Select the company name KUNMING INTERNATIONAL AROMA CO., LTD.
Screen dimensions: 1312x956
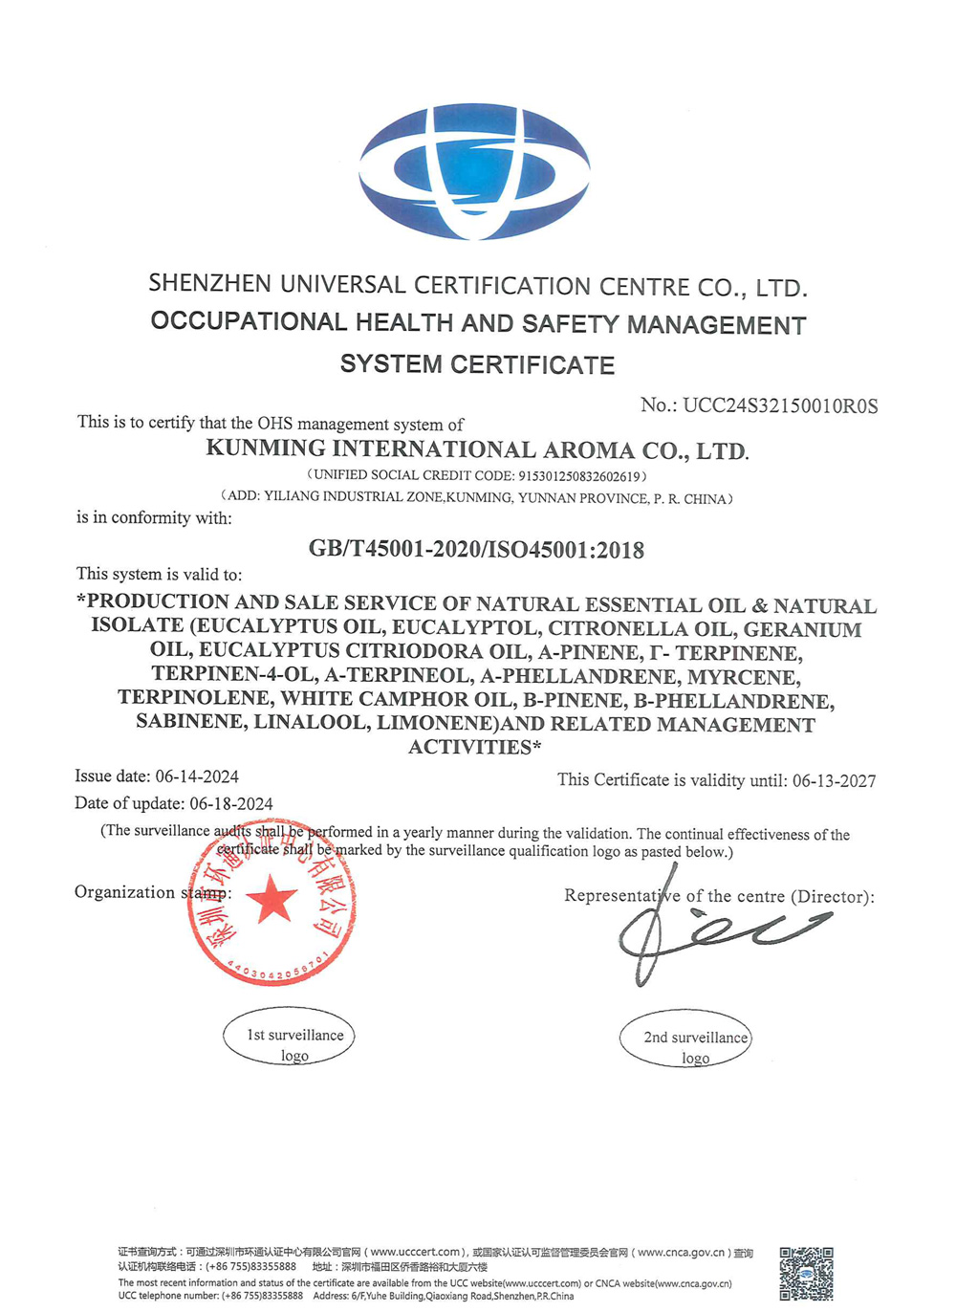(477, 450)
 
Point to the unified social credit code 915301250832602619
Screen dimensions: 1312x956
(578, 476)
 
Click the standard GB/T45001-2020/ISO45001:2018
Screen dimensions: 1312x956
(476, 550)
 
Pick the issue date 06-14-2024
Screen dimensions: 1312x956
(197, 776)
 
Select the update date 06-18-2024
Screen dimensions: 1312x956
(231, 804)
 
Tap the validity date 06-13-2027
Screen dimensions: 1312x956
(834, 781)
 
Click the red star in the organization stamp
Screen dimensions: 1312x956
(272, 900)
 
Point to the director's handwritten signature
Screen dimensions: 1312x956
(707, 928)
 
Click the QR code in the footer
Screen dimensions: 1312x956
(806, 1273)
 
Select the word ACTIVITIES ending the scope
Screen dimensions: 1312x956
(469, 748)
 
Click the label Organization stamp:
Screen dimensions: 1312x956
(152, 893)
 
